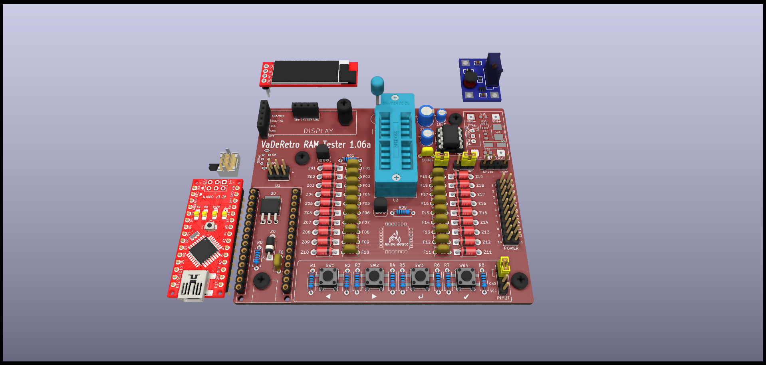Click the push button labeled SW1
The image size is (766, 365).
329,276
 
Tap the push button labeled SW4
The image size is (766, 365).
465,276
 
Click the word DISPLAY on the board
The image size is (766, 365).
318,131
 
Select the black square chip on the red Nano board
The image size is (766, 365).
204,251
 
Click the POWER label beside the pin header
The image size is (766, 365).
511,248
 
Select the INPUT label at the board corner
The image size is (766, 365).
503,298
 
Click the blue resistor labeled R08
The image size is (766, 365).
403,212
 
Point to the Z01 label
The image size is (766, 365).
312,168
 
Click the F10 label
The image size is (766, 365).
365,252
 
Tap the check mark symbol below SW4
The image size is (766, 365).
466,297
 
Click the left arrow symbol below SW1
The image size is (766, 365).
328,296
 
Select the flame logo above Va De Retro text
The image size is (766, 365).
395,236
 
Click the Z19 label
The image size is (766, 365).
479,176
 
